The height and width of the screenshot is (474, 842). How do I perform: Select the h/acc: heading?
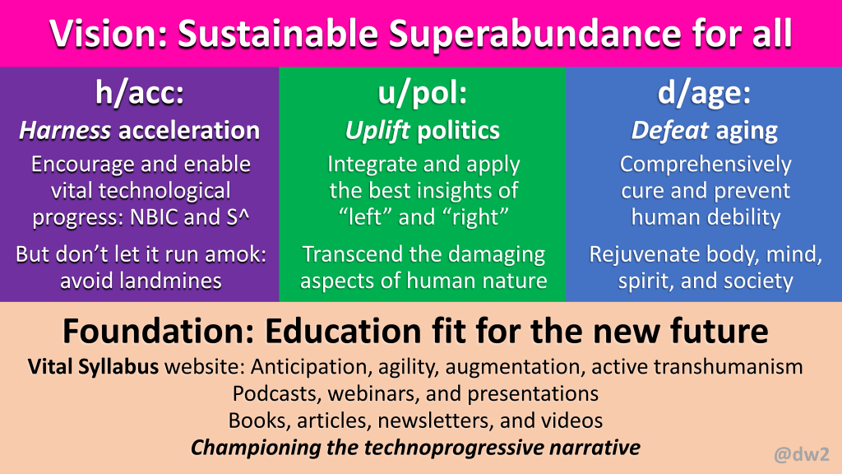[x=140, y=92]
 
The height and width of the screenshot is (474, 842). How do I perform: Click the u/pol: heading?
[x=423, y=94]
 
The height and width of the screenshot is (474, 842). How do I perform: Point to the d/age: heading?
[x=704, y=94]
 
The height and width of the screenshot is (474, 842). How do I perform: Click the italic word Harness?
[x=66, y=131]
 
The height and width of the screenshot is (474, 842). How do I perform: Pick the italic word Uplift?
[x=377, y=131]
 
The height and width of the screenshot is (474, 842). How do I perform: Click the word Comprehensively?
[x=706, y=165]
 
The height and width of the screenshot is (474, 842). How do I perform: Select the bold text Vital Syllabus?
[x=93, y=366]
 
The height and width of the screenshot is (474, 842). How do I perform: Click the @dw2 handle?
[x=801, y=454]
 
